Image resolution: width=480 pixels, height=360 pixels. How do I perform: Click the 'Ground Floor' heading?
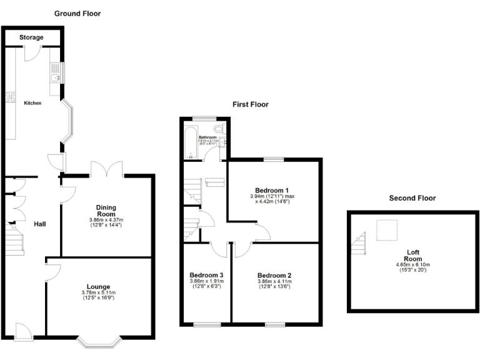77,13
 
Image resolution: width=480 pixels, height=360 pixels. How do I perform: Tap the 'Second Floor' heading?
412,198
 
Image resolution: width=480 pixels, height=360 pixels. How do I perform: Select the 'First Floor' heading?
250,104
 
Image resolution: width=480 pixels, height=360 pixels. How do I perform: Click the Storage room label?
31,37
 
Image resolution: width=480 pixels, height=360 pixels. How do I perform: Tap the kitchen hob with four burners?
10,96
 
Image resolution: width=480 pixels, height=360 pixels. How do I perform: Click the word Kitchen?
32,103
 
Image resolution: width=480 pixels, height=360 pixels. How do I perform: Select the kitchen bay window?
71,122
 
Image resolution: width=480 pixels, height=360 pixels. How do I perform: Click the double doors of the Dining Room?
106,169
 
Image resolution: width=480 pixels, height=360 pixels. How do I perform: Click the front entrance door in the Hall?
24,331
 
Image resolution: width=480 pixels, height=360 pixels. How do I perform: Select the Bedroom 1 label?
272,190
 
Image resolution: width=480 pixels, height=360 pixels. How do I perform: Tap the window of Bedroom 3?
206,324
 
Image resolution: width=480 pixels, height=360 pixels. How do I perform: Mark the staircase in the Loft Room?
359,244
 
